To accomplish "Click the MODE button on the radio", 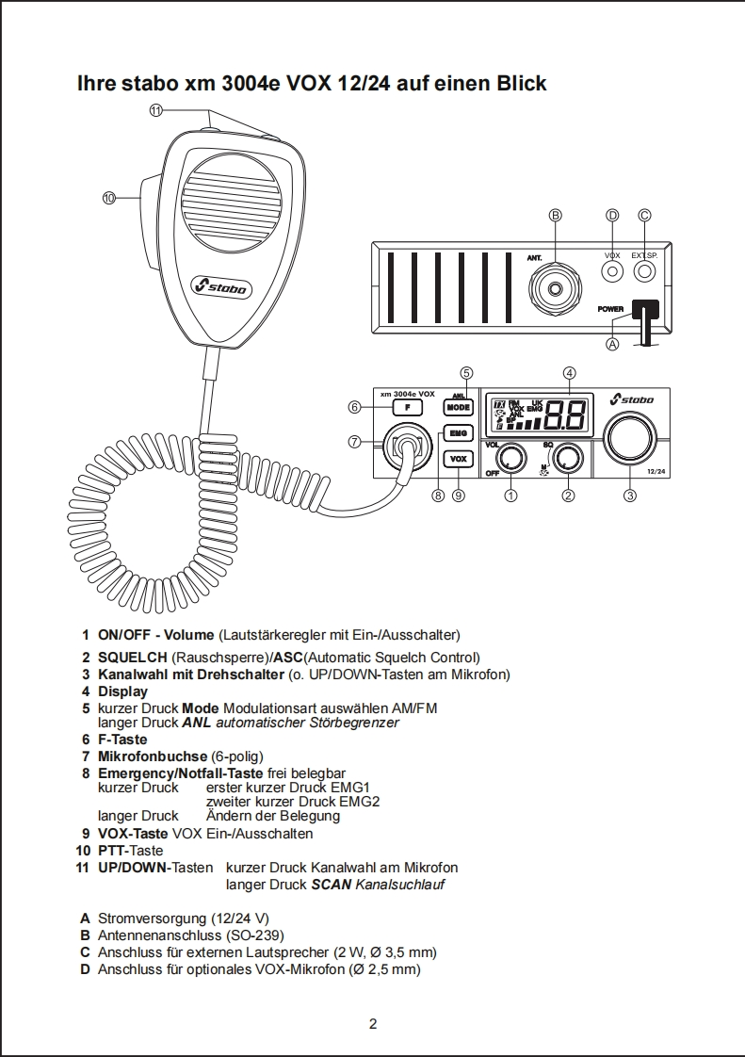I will [x=459, y=407].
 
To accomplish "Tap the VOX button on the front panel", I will [x=459, y=459].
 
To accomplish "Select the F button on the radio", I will [x=407, y=407].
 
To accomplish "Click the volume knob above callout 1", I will [x=510, y=458].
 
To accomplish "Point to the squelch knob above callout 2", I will [x=567, y=458].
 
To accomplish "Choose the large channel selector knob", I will [x=630, y=438].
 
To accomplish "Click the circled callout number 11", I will [x=156, y=110].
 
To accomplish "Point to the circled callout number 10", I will [x=109, y=197].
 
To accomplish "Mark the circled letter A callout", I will [x=612, y=345].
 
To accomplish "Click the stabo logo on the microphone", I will [x=219, y=285].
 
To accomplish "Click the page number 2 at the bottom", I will [x=373, y=1024].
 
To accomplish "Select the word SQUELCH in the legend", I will [x=132, y=658].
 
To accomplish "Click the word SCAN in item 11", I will [x=331, y=885].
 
